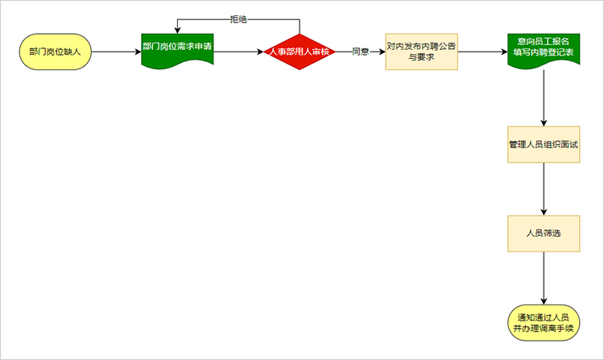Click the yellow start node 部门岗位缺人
tap(55, 52)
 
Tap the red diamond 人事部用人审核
tap(300, 52)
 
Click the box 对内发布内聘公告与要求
tap(420, 52)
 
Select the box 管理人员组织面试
tap(544, 145)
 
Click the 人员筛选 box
tap(544, 233)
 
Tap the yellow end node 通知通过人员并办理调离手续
tap(544, 322)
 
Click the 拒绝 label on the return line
tap(239, 19)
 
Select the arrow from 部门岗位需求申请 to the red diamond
tap(238, 52)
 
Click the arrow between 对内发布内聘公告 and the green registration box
tap(482, 52)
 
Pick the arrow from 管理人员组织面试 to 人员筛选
tap(544, 189)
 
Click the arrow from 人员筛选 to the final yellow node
tap(544, 277)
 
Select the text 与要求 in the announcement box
tap(420, 59)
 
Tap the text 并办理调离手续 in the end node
tap(544, 329)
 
